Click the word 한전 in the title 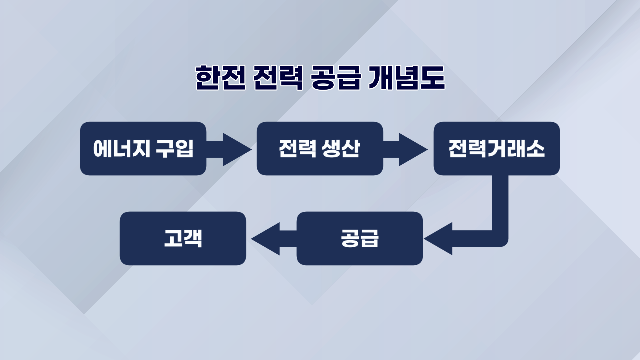tap(220, 78)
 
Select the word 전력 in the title tap(278, 78)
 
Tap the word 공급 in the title tap(336, 78)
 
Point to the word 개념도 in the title tap(407, 78)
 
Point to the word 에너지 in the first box tap(121, 149)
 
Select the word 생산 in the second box tap(341, 149)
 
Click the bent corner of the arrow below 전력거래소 tap(500, 238)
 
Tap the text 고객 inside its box tap(183, 238)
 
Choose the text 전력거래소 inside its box tap(496, 149)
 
